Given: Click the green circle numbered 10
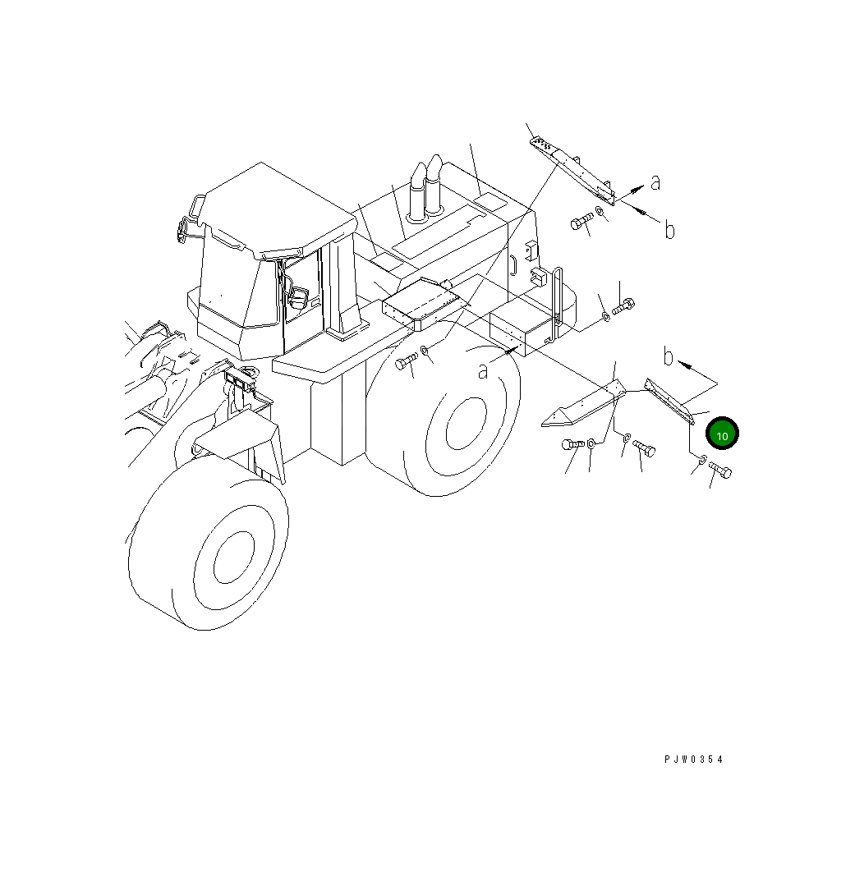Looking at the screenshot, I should [x=723, y=435].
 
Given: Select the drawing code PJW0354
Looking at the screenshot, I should [x=694, y=760].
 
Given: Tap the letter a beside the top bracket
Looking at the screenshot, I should [x=655, y=182].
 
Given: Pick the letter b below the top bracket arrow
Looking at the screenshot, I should [x=669, y=231].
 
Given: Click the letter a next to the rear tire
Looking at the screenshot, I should [x=484, y=371].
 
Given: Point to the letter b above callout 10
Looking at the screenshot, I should [x=669, y=357].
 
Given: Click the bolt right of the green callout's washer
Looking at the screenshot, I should [x=720, y=471].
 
